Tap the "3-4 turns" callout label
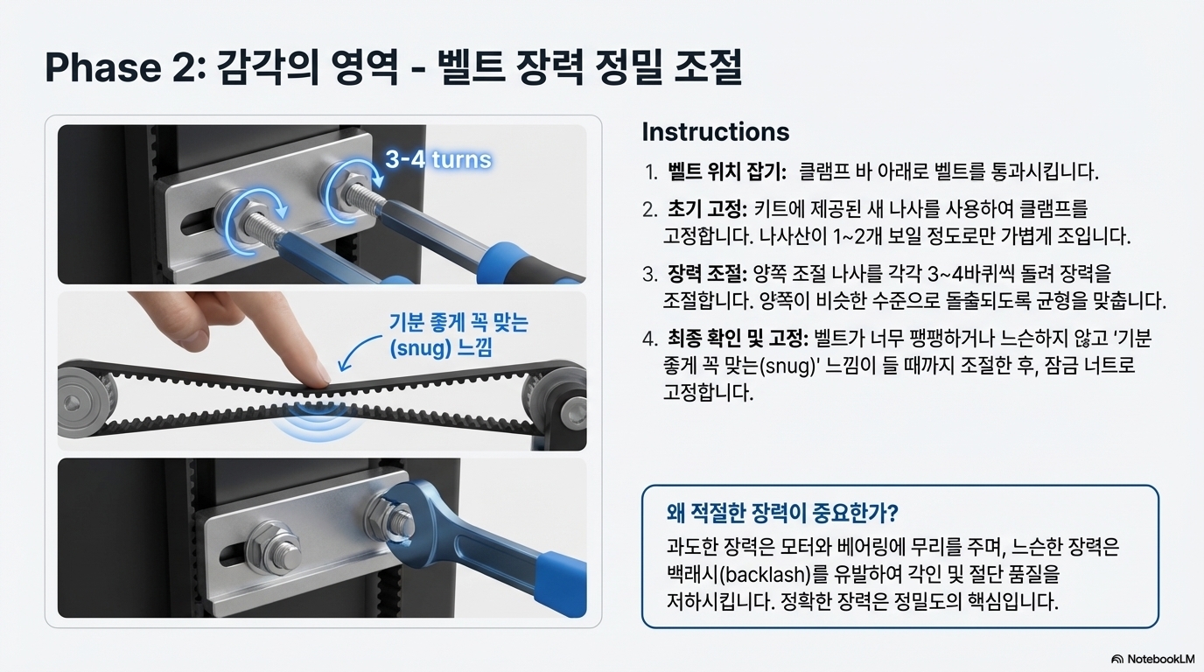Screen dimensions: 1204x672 (438, 159)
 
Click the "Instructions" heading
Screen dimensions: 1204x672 (716, 132)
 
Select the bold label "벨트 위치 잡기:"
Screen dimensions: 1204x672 (727, 172)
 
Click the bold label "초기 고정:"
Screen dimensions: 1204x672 (707, 208)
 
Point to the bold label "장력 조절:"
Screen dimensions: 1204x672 (707, 274)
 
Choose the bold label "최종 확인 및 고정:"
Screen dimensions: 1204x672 (738, 339)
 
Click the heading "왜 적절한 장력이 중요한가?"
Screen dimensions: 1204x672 (782, 513)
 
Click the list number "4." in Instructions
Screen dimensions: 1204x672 (650, 339)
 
